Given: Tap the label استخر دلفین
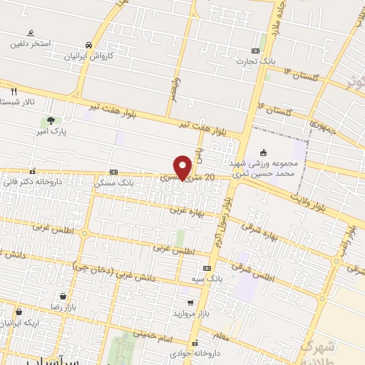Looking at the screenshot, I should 30,43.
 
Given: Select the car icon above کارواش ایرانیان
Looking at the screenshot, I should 88,43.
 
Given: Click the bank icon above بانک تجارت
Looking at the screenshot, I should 255,50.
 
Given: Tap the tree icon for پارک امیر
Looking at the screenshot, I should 50,120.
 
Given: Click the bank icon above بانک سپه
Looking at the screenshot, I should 207,267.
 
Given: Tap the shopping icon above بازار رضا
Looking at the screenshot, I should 63,296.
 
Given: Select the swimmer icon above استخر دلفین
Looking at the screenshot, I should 30,33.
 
